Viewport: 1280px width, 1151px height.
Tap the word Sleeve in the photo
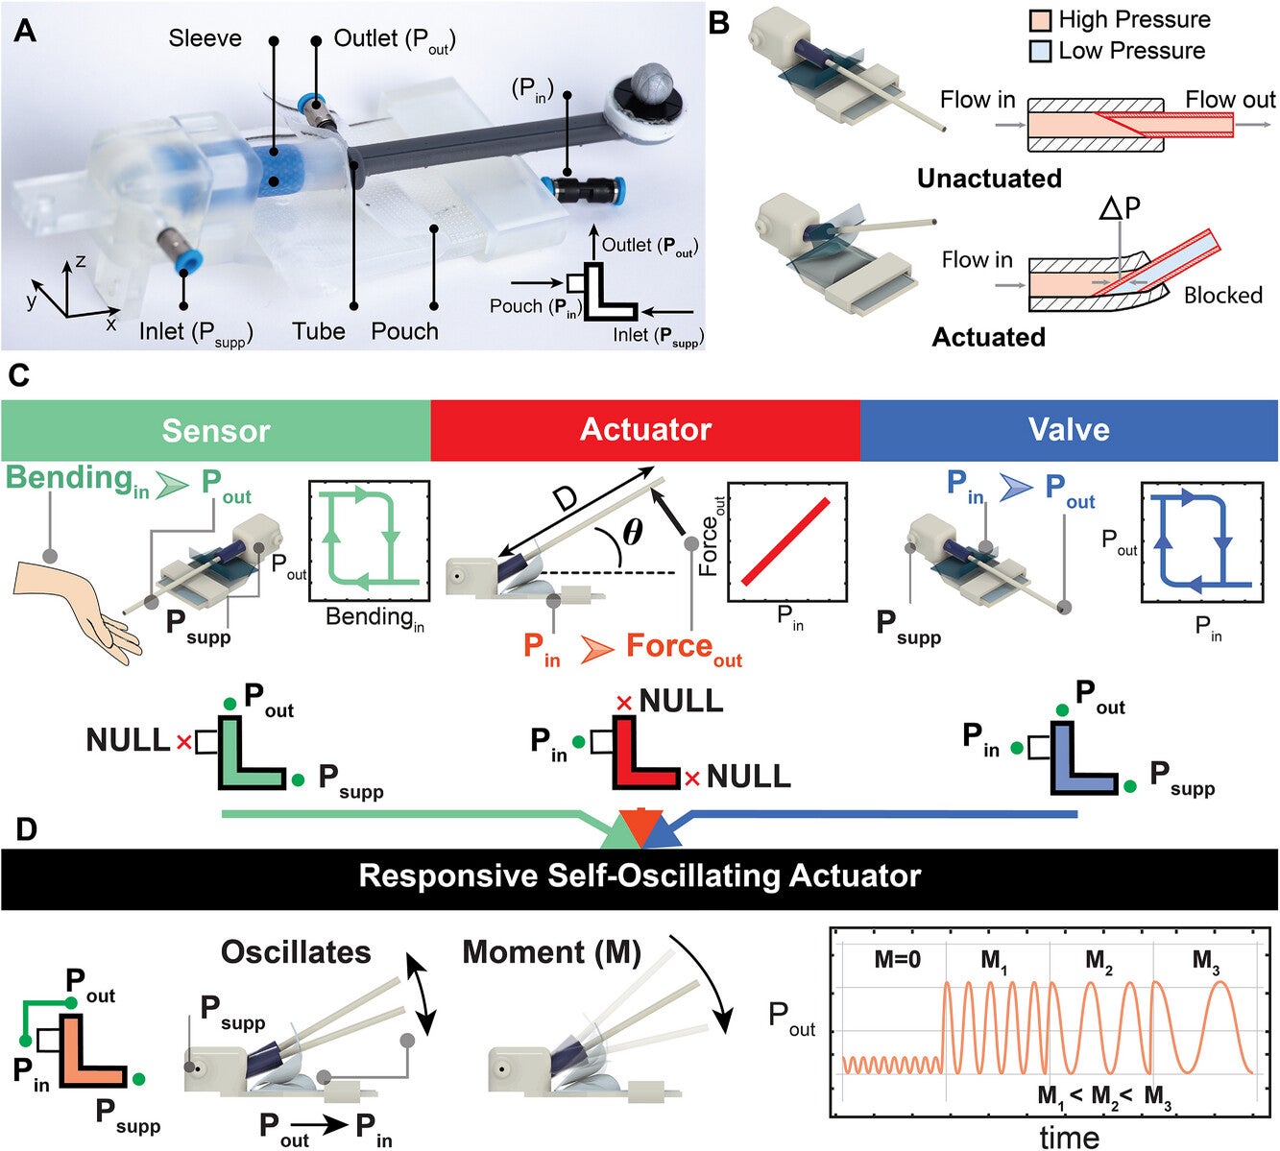[205, 38]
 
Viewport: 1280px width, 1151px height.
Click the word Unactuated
[988, 179]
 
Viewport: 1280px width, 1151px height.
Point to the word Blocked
[1222, 295]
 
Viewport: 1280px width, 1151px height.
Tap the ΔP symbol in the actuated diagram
[1121, 208]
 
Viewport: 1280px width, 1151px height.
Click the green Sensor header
[215, 430]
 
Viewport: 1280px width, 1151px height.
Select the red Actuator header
[645, 430]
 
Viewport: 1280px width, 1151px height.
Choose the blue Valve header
[1068, 430]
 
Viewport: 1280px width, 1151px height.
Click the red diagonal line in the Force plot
[785, 540]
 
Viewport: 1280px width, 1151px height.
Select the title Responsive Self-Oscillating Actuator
[640, 875]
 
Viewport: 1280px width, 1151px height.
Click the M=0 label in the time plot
[896, 959]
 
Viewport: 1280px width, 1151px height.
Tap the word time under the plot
[1069, 1138]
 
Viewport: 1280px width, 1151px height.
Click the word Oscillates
[296, 952]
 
